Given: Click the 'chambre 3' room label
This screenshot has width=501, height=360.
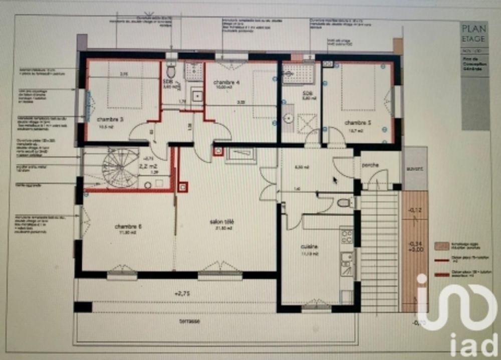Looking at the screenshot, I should pyautogui.click(x=98, y=119).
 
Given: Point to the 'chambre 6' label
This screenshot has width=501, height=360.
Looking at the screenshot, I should pyautogui.click(x=128, y=226).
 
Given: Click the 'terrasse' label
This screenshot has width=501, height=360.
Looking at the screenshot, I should pyautogui.click(x=190, y=321).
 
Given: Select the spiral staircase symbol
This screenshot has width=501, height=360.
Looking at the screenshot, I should pyautogui.click(x=119, y=167).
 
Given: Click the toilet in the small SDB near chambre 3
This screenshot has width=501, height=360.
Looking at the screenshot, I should pyautogui.click(x=171, y=71).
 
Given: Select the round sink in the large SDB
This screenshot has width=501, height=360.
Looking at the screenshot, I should pyautogui.click(x=289, y=118).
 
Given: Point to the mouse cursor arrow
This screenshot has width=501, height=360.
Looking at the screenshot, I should pyautogui.click(x=335, y=180).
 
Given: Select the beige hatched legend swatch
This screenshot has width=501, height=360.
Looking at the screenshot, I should pyautogui.click(x=441, y=246).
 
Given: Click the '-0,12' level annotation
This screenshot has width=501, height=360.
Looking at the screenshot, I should pyautogui.click(x=414, y=210).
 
